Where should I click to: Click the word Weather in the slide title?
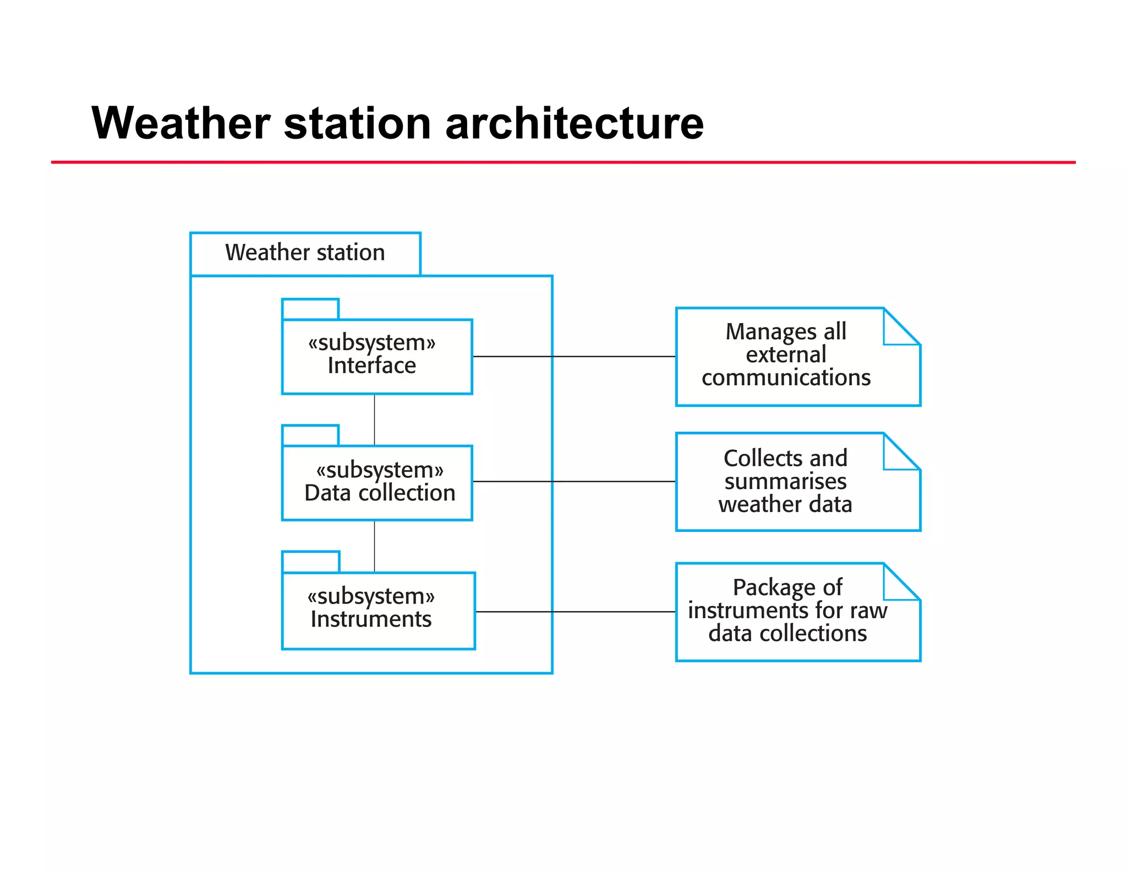coord(180,123)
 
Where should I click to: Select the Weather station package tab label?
coord(305,253)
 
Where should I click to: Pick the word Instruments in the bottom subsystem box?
coord(371,619)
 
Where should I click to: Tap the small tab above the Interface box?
coord(310,309)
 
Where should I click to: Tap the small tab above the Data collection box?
coord(310,435)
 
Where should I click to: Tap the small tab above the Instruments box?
coord(311,562)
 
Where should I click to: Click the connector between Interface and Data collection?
coord(375,420)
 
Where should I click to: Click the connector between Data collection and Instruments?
coord(375,546)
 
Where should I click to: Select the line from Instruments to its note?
coord(575,612)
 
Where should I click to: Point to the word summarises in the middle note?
coord(785,482)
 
